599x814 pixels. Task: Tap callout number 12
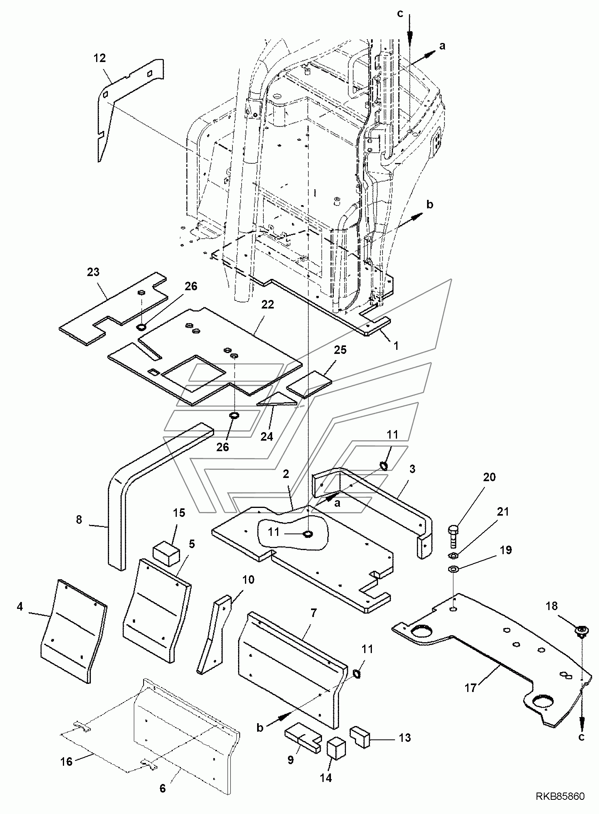[99, 58]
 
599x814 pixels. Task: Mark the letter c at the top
[401, 14]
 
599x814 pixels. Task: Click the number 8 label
[79, 520]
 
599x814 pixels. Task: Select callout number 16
[67, 761]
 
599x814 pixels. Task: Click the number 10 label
[248, 580]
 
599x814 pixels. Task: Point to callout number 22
[268, 305]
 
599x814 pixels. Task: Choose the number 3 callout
[412, 469]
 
